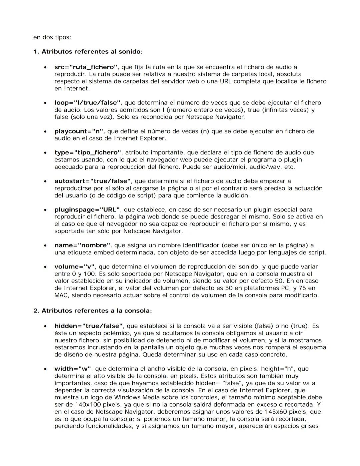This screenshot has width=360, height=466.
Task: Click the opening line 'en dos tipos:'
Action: point(52,37)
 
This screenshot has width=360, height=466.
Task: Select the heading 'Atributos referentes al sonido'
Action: point(92,52)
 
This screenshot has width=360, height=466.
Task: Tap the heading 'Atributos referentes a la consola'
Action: point(96,311)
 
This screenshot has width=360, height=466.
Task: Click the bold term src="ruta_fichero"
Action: point(86,67)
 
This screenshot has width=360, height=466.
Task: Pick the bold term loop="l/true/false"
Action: point(87,103)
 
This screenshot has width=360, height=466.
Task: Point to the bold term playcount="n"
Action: point(79,131)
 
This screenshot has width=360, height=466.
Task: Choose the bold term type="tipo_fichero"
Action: point(88,152)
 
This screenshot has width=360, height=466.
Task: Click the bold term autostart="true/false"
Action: point(92,181)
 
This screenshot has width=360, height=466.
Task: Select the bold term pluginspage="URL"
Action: point(87,209)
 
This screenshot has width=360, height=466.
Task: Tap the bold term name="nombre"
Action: point(82,245)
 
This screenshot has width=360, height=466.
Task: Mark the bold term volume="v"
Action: point(74,267)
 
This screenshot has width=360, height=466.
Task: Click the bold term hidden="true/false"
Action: point(89,326)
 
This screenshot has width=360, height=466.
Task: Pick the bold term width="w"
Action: point(73,369)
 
